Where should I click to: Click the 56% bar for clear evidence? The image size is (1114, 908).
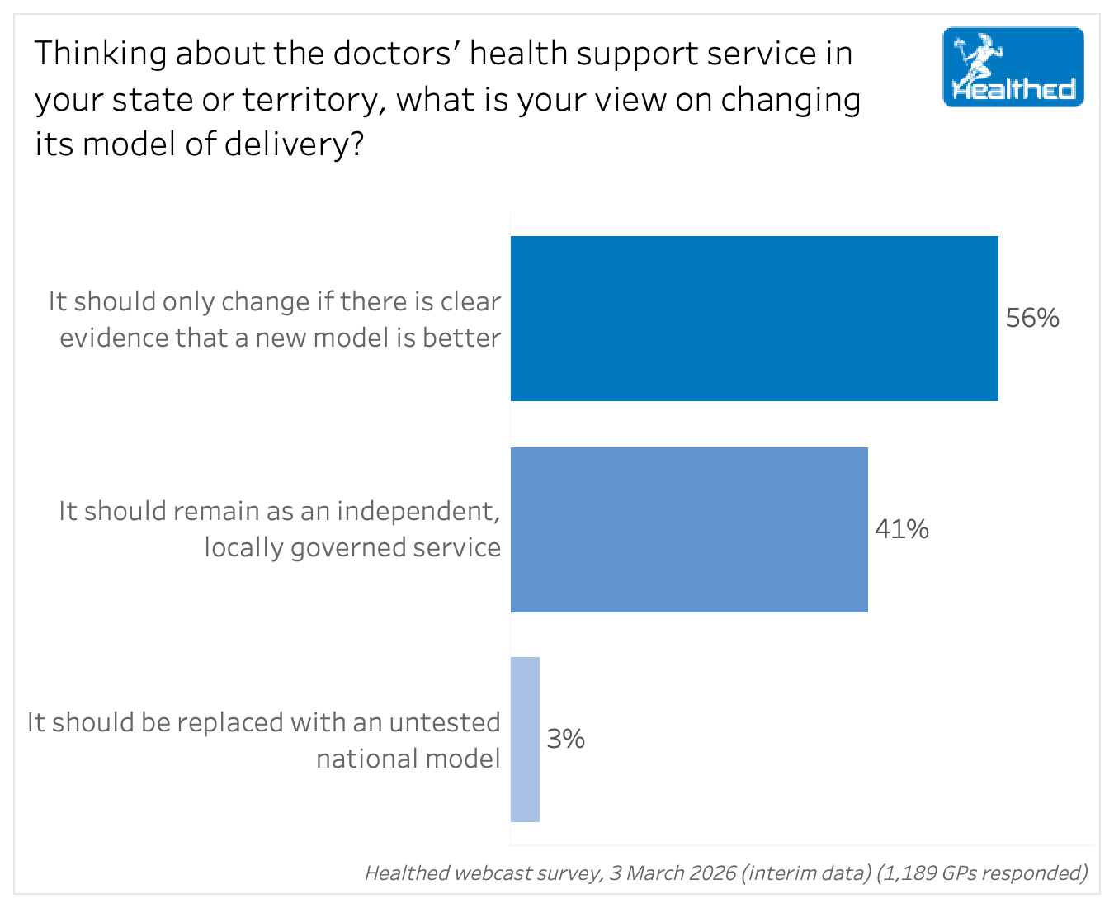coord(754,319)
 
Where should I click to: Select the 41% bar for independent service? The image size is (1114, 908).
coord(689,530)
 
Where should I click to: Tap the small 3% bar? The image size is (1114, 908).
coord(525,740)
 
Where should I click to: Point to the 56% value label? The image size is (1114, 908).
coord(1032,319)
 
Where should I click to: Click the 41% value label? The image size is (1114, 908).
coord(902,529)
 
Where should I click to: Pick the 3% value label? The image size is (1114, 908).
coord(566,739)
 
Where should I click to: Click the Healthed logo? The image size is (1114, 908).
coord(1013,68)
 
